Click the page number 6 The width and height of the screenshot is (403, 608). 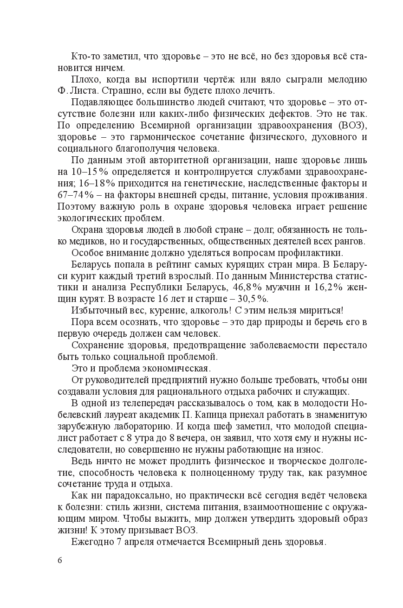tap(60, 560)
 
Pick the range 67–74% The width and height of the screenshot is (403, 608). tap(75, 194)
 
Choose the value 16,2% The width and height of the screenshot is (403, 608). tap(330, 287)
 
